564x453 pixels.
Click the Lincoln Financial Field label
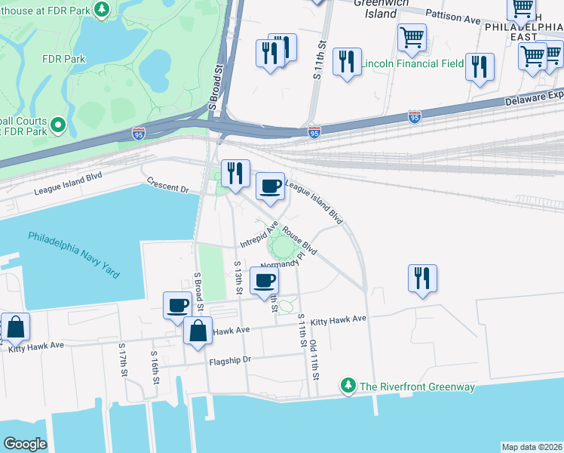[x=412, y=63]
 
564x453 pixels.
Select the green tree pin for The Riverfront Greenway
[x=348, y=386]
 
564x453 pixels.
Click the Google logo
[x=26, y=444]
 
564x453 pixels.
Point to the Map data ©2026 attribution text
[x=532, y=447]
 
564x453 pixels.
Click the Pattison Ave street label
[x=452, y=17]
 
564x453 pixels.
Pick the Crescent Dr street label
[x=167, y=184]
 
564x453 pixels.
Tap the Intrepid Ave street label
[x=259, y=235]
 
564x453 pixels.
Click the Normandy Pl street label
[x=285, y=261]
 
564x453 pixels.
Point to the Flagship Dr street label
[x=230, y=361]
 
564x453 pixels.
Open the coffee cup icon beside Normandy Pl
[x=264, y=282]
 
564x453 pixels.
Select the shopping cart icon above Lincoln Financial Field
[x=412, y=37]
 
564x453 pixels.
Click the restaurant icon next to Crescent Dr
[x=235, y=173]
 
